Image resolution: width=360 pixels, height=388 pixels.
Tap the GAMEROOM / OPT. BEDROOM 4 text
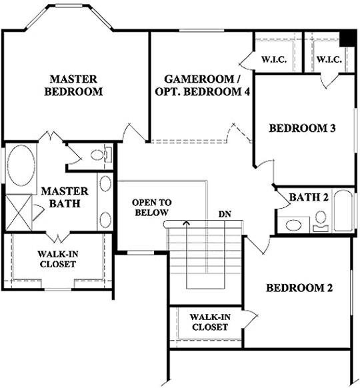(202, 85)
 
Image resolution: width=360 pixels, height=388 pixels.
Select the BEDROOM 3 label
(302, 129)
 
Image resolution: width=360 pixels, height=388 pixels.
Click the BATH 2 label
(309, 197)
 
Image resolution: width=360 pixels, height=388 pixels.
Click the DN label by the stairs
(225, 215)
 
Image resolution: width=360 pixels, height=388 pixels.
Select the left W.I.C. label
(273, 60)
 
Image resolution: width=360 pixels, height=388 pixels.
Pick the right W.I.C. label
(329, 60)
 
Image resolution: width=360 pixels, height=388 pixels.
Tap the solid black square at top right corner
(346, 38)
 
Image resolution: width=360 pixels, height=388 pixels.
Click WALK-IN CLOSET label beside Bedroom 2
(210, 322)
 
